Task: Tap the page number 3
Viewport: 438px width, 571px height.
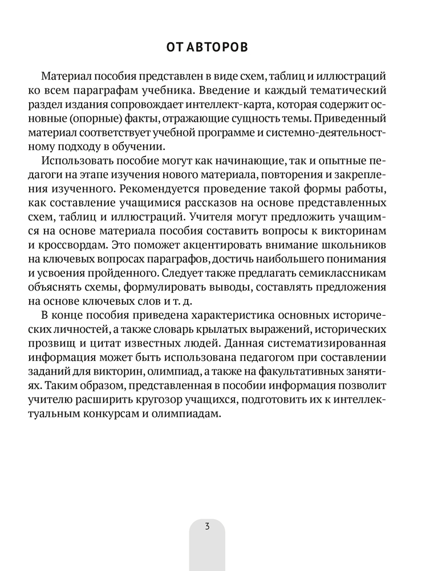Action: coord(207,525)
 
